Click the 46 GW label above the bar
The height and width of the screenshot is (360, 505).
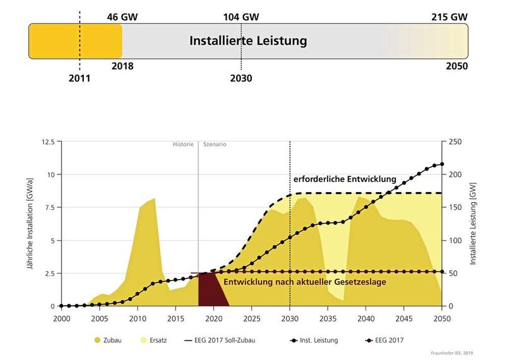(x=122, y=16)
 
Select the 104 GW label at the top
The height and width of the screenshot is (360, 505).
(x=241, y=16)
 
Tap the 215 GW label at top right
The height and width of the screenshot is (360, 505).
(x=450, y=16)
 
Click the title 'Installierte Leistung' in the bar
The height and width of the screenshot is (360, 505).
(x=248, y=41)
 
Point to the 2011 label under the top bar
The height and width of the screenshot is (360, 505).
(x=80, y=79)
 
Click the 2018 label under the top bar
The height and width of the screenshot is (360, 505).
(x=122, y=66)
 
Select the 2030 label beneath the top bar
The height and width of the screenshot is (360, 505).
(x=241, y=79)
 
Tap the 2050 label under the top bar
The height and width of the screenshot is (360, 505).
(x=457, y=66)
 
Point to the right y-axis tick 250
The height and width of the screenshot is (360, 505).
(x=456, y=141)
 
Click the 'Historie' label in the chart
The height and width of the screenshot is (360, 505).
(x=183, y=145)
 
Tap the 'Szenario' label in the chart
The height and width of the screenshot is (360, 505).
(x=215, y=145)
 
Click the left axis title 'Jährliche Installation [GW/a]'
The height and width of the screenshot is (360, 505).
(x=29, y=224)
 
